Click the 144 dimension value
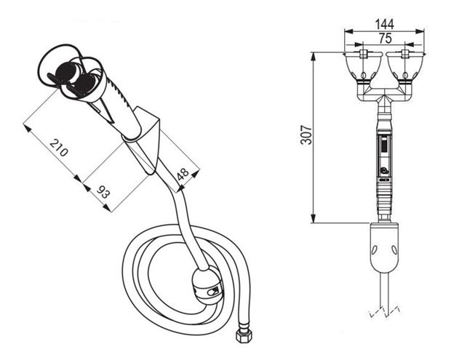(385, 24)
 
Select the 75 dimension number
(385, 39)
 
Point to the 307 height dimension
(306, 135)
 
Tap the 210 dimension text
(59, 147)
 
